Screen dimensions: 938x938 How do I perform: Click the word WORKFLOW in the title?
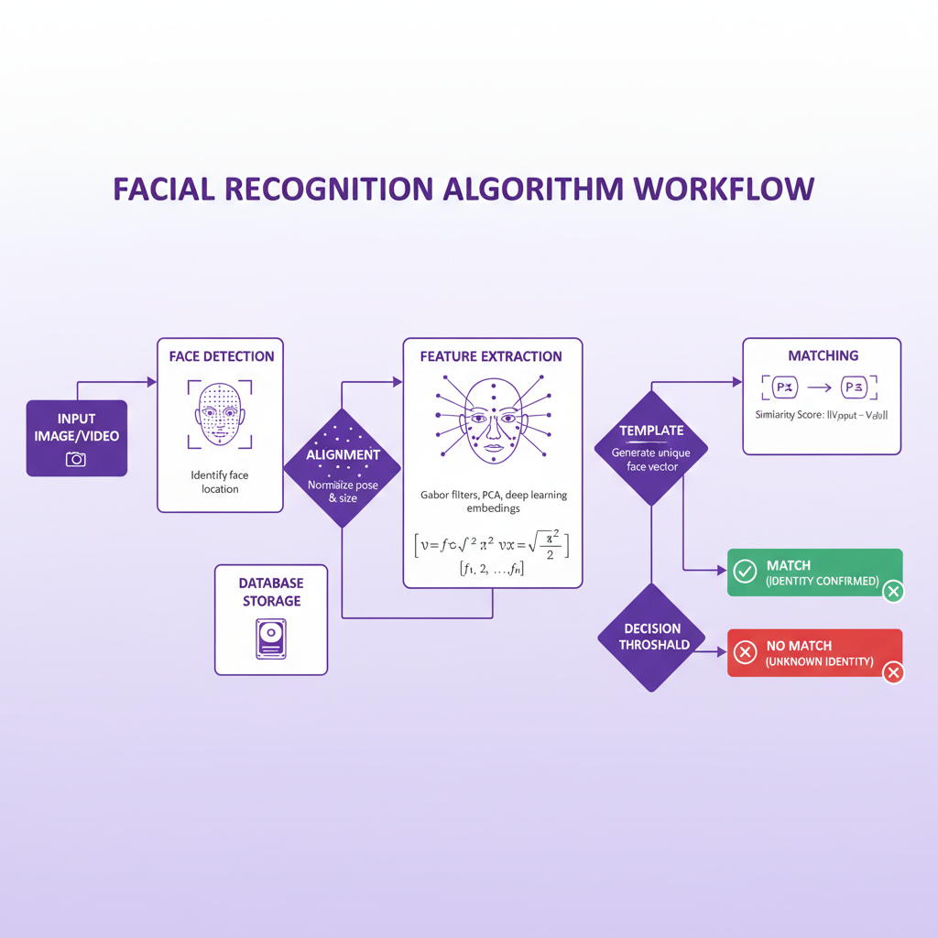pyautogui.click(x=723, y=188)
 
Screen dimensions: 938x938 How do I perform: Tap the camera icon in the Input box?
pyautogui.click(x=76, y=458)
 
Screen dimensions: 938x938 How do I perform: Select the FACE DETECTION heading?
pyautogui.click(x=221, y=355)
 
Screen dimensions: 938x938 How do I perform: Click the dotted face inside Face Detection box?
pyautogui.click(x=220, y=414)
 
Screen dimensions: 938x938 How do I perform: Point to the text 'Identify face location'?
pyautogui.click(x=220, y=482)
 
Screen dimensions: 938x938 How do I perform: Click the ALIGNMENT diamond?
pyautogui.click(x=343, y=467)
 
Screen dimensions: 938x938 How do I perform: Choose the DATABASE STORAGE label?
pyautogui.click(x=270, y=592)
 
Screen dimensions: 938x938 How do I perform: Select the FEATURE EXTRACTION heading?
pyautogui.click(x=491, y=355)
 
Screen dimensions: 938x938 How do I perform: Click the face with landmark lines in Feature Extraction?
pyautogui.click(x=493, y=421)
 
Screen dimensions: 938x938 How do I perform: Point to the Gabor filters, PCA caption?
pyautogui.click(x=493, y=501)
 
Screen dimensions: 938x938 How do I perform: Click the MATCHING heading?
pyautogui.click(x=823, y=355)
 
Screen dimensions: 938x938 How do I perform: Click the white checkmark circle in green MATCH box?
pyautogui.click(x=746, y=572)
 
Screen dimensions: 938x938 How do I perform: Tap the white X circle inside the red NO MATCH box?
pyautogui.click(x=746, y=652)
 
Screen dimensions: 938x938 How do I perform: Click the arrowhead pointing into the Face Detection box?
pyautogui.click(x=152, y=381)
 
